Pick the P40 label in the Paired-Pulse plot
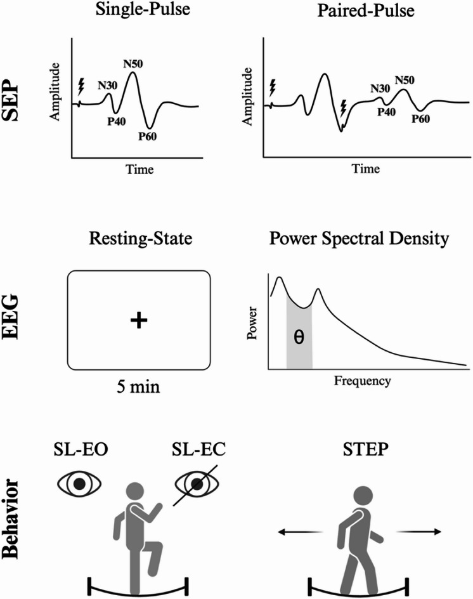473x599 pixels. tap(387, 111)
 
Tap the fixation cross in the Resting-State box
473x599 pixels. tap(138, 321)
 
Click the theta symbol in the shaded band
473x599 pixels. tap(299, 337)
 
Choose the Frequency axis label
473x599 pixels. tap(362, 382)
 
